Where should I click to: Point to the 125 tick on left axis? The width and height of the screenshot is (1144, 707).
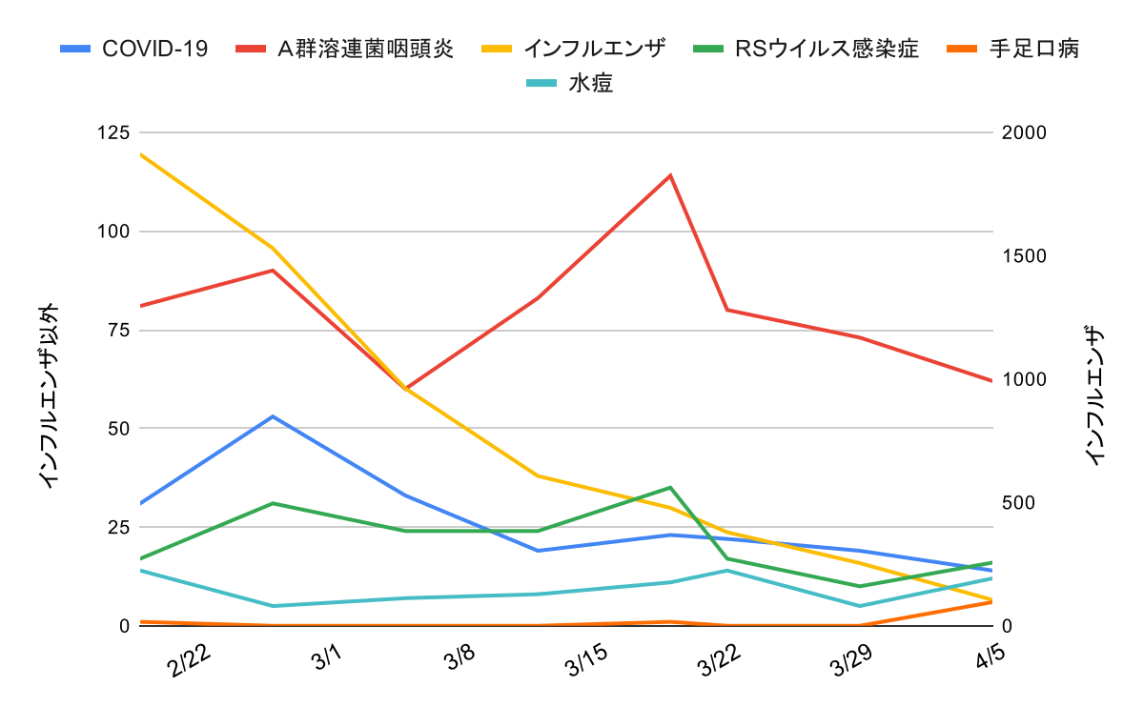[113, 132]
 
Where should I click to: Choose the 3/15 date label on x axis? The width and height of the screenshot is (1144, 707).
[588, 661]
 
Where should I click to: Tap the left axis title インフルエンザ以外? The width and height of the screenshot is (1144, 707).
[50, 395]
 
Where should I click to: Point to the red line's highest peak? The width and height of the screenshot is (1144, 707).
[671, 175]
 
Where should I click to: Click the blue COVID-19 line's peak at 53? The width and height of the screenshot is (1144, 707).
[273, 416]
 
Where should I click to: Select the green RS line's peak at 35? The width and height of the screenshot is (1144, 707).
[671, 488]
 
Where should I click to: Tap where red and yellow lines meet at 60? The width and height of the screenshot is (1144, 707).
[405, 389]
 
